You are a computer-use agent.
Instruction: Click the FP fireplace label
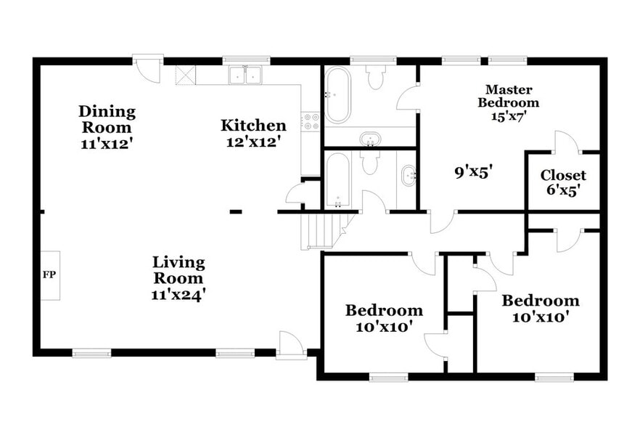click(x=49, y=274)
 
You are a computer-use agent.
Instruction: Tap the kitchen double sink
click(x=245, y=75)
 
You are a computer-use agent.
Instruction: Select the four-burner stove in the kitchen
click(x=311, y=121)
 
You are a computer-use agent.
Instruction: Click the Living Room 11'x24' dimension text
click(x=178, y=294)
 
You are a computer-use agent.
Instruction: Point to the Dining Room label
click(x=107, y=119)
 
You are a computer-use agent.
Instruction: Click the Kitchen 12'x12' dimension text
click(x=253, y=142)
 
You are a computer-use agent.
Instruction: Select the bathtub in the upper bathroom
click(x=337, y=94)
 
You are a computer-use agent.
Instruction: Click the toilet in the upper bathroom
click(x=376, y=77)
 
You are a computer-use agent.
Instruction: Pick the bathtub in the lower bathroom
click(x=337, y=179)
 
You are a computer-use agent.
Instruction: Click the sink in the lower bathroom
click(x=408, y=176)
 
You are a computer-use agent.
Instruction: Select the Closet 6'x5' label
click(x=563, y=182)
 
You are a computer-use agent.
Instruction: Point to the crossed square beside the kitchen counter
click(x=186, y=76)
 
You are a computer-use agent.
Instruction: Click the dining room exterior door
click(x=147, y=69)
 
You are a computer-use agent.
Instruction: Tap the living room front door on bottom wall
click(x=290, y=345)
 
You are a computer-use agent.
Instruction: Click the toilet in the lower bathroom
click(x=371, y=162)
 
